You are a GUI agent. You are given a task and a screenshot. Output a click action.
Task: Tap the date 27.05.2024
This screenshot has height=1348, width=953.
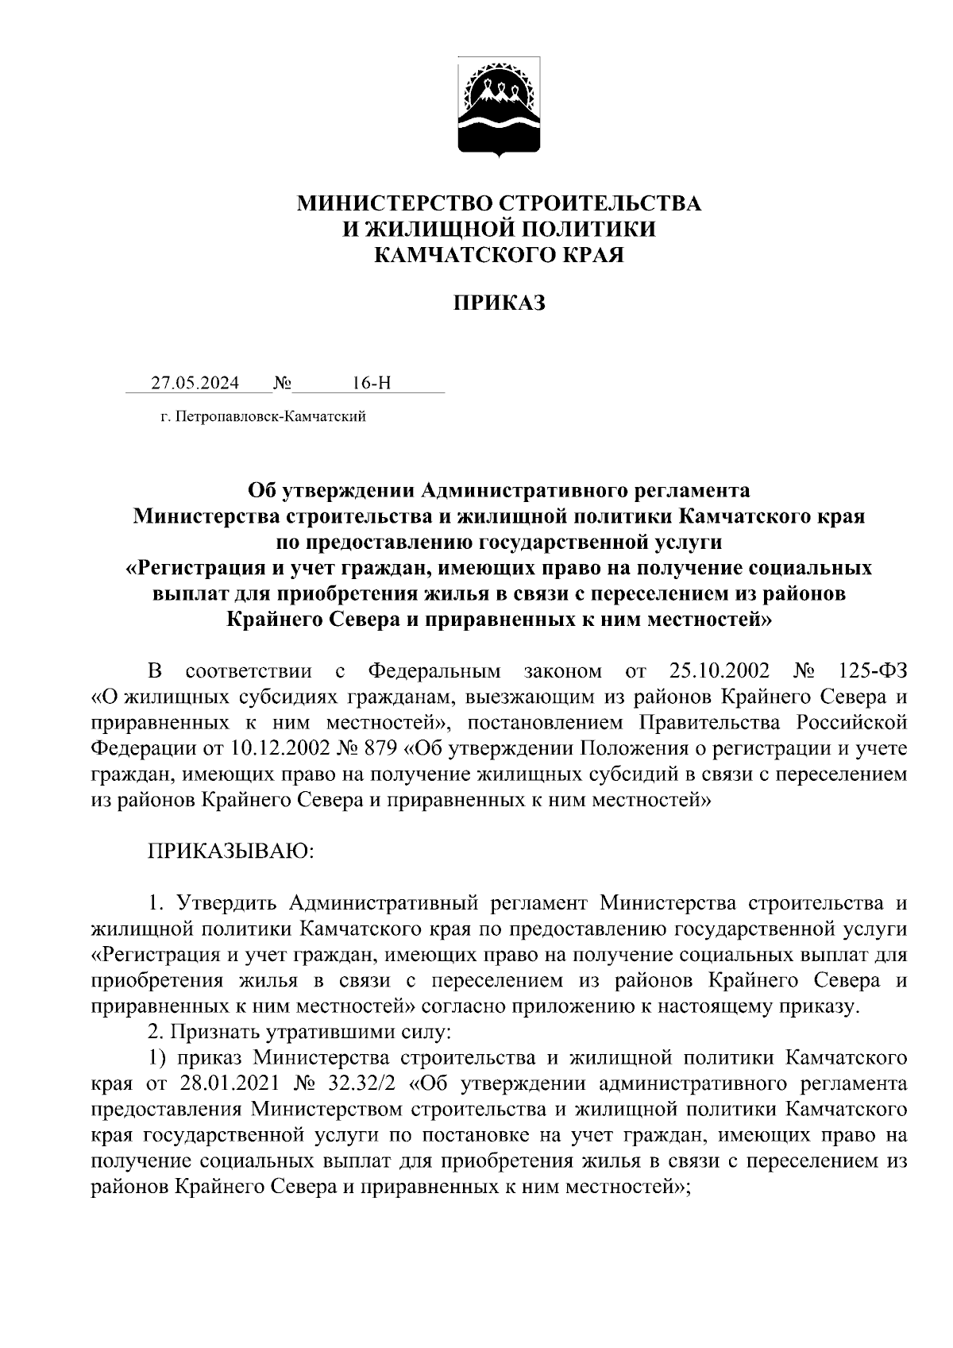pyautogui.click(x=195, y=384)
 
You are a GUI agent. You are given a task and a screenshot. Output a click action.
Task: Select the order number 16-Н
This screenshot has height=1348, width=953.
pyautogui.click(x=372, y=384)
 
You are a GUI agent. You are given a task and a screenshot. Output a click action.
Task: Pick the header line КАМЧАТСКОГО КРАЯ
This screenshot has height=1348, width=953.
pyautogui.click(x=500, y=255)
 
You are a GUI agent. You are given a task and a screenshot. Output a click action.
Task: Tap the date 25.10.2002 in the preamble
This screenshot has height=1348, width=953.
pyautogui.click(x=713, y=672)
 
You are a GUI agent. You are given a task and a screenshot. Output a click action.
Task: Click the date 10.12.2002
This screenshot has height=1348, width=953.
pyautogui.click(x=276, y=748)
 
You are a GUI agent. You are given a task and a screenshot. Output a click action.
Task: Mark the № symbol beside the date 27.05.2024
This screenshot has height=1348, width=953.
pyautogui.click(x=282, y=384)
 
